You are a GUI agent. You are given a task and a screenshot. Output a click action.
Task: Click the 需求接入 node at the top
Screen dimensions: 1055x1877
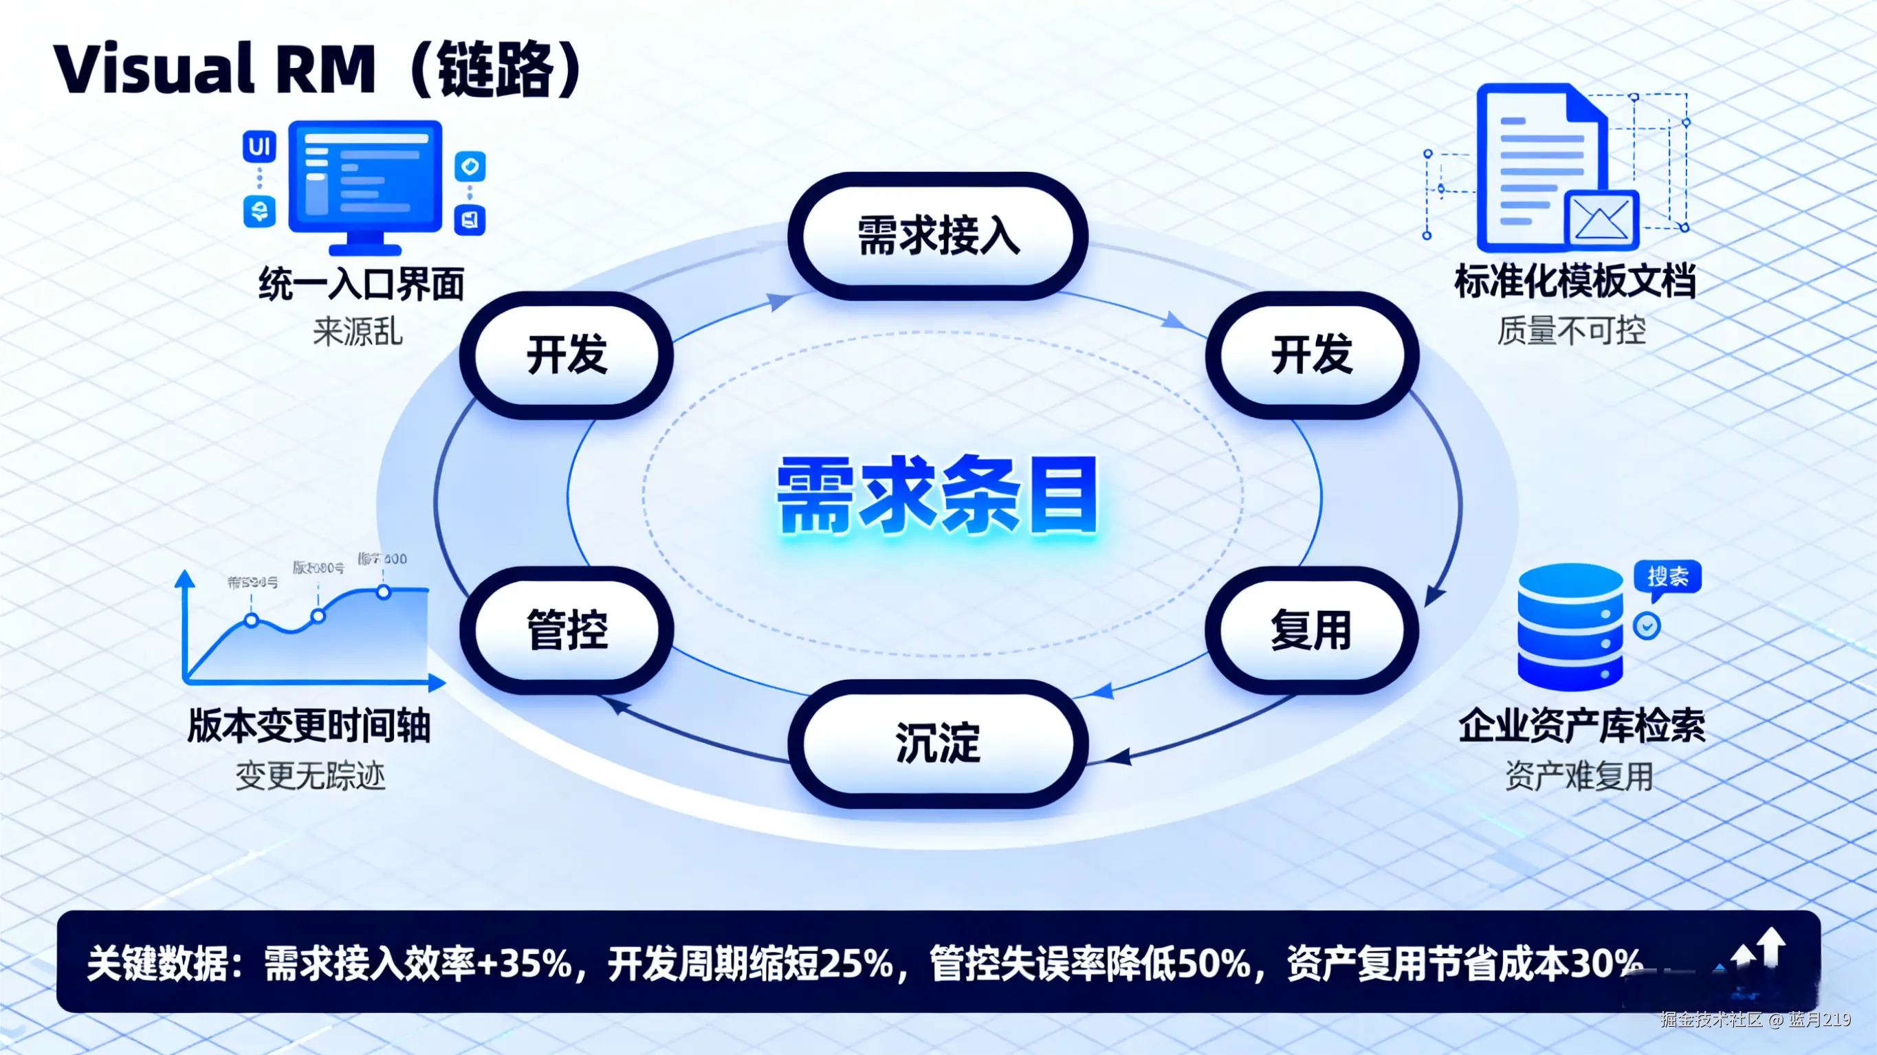coord(938,235)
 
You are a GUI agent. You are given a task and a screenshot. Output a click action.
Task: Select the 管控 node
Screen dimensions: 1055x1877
coord(567,630)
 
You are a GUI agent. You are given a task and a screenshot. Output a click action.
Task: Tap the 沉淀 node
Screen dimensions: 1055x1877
coord(938,743)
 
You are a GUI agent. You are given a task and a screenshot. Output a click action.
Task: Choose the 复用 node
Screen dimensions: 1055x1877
coord(1312,630)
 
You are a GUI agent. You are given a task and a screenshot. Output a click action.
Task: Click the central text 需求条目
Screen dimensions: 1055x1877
coord(938,496)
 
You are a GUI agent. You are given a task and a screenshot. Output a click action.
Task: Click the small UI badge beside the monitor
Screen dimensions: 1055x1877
coord(259,147)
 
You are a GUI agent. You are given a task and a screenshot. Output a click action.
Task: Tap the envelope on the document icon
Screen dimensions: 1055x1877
coord(1601,219)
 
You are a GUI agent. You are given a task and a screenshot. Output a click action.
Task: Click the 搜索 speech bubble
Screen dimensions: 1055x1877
coord(1667,577)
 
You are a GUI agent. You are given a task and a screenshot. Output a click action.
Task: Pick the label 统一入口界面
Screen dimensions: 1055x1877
coord(362,283)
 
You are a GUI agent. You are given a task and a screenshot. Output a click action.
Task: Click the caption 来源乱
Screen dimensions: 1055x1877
coord(358,332)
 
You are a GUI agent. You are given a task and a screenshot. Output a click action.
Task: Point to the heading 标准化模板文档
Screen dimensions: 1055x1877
coord(1574,282)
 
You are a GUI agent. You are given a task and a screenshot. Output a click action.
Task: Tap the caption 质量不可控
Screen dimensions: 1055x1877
coord(1572,331)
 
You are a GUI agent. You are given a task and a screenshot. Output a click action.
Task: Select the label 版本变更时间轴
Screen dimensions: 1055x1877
coord(309,726)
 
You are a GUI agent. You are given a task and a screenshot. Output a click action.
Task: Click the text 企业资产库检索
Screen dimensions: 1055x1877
coord(1582,726)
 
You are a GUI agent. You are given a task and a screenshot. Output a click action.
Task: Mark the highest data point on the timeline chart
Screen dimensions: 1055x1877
coord(383,592)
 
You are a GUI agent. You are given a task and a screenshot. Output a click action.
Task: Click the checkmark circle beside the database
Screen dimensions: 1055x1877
coord(1647,625)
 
